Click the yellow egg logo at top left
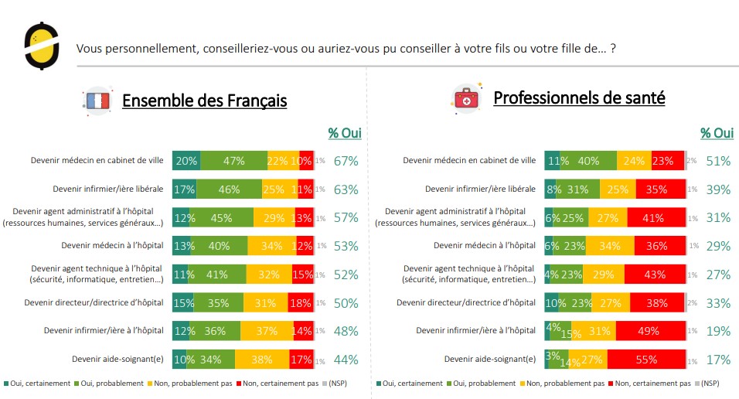pyautogui.click(x=39, y=46)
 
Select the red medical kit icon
pyautogui.click(x=468, y=98)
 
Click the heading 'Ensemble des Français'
pyautogui.click(x=204, y=101)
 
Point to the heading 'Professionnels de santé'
pyautogui.click(x=579, y=98)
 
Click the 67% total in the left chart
pyautogui.click(x=346, y=161)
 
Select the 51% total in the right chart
pyautogui.click(x=718, y=161)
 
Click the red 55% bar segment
pyautogui.click(x=647, y=359)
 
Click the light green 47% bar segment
pyautogui.click(x=233, y=161)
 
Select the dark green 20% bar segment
pyautogui.click(x=186, y=161)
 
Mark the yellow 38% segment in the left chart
pyautogui.click(x=262, y=359)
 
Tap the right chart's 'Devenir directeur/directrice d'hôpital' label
pyautogui.click(x=466, y=302)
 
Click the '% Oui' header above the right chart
pyautogui.click(x=717, y=133)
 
